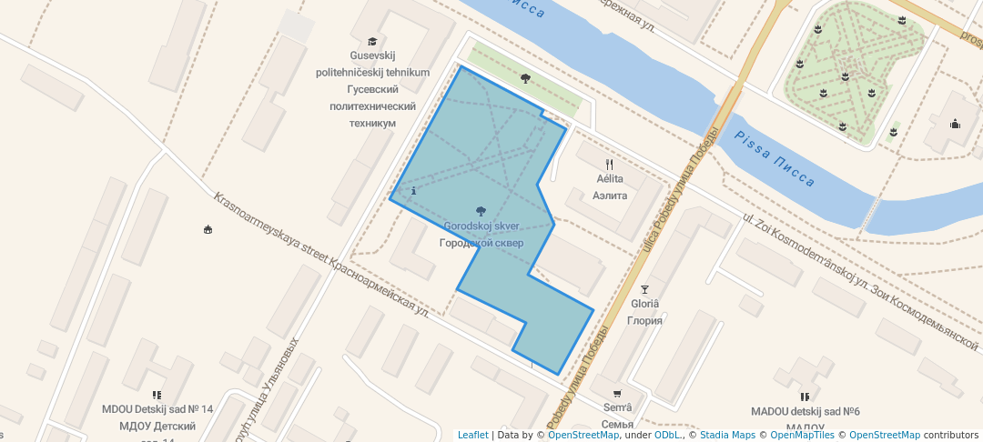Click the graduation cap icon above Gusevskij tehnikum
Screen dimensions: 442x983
pos(371,41)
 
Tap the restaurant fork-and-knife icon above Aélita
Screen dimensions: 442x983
pos(610,165)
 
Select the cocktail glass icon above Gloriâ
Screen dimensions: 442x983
pos(645,289)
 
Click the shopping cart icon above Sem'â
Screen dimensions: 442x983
pos(618,394)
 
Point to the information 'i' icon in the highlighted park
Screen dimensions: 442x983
pos(414,191)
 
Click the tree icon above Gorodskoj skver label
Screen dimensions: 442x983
pos(481,212)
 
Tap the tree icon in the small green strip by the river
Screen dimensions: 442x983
pos(525,78)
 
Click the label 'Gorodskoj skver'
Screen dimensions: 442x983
pos(481,226)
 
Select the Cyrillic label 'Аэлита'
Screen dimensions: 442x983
pos(610,196)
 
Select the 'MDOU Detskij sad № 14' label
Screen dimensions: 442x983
pos(157,410)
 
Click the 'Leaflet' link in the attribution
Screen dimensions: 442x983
pos(472,435)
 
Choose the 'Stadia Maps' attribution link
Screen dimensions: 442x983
pos(727,435)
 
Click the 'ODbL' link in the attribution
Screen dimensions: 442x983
pos(667,435)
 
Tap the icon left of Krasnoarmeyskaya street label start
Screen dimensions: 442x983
pos(208,229)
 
